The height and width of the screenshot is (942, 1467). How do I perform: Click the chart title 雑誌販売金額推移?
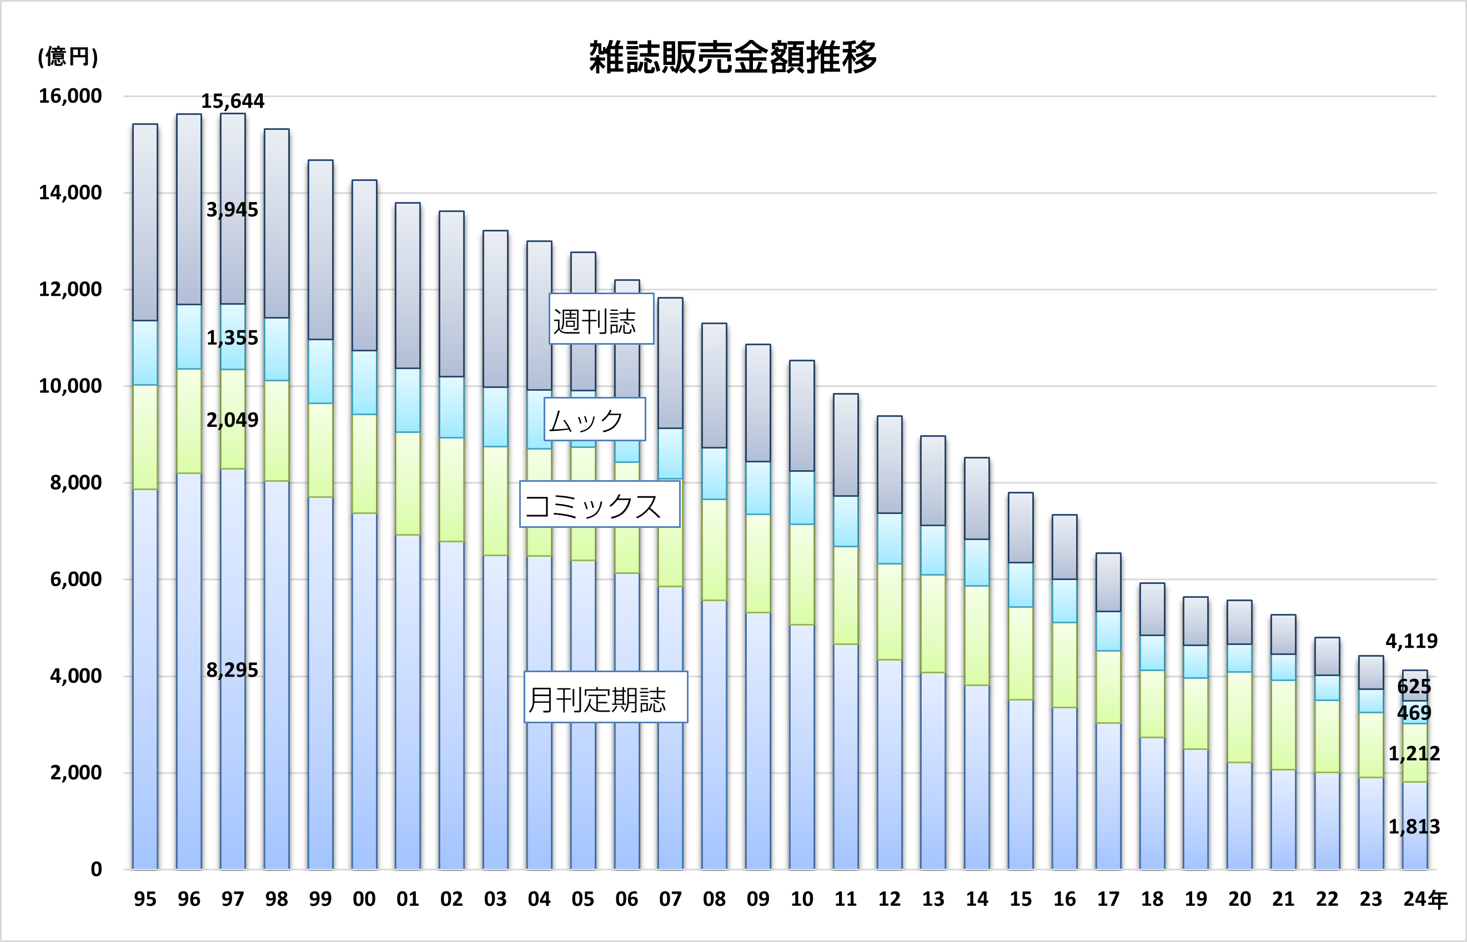[732, 58]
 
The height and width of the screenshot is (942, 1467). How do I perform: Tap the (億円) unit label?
[67, 56]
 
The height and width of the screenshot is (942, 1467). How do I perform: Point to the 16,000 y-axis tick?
[70, 96]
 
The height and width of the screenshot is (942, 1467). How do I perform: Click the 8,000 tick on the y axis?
[76, 482]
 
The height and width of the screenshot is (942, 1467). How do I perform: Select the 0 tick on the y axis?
[96, 869]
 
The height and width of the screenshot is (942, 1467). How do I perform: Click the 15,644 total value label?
[233, 101]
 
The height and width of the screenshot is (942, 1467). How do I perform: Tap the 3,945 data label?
[233, 210]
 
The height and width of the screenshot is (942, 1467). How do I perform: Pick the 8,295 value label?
[233, 671]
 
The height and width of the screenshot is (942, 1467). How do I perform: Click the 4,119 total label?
[1411, 641]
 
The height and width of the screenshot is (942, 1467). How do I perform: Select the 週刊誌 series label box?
[601, 319]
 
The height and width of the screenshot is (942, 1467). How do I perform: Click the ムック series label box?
[594, 420]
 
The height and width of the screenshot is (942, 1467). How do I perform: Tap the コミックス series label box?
[599, 505]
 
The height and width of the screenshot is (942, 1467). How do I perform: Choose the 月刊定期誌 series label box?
[605, 697]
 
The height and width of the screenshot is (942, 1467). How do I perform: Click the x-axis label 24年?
[1425, 899]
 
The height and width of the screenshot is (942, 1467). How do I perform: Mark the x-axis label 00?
[364, 899]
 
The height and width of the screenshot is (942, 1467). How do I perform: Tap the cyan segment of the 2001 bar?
[408, 401]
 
